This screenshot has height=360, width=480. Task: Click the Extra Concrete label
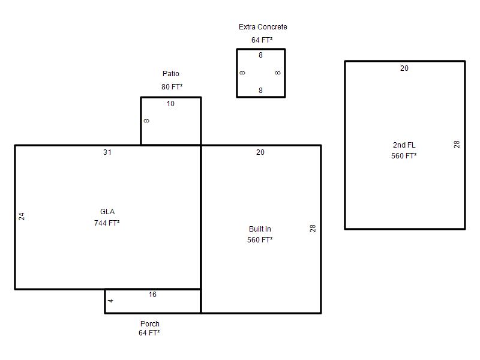coord(263,27)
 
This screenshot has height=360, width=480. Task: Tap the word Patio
coord(171,73)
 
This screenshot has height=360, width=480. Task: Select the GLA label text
coord(107,212)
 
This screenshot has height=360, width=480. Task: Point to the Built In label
coord(260,229)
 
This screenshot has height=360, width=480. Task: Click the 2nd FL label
coord(404,145)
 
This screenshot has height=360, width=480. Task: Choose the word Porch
coord(149,323)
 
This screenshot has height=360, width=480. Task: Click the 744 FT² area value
coord(107,223)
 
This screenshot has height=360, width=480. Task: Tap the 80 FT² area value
coord(172,86)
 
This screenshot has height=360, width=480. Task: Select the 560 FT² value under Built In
coord(260,239)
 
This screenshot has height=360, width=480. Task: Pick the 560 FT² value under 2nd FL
coord(404,156)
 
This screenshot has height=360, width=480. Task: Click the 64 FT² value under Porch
coord(149,333)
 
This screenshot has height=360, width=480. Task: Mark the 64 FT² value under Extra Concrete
coord(262,40)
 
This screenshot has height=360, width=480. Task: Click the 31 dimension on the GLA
coord(107,152)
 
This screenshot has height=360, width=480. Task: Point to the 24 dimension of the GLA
coord(22,217)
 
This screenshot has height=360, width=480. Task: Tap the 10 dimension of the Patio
coord(170,103)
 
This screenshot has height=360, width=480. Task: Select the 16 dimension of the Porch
coord(152,295)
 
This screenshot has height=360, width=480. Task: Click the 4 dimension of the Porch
coord(111,301)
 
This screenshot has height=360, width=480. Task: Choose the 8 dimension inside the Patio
coord(146,121)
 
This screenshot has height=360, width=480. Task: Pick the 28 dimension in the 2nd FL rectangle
coord(457,145)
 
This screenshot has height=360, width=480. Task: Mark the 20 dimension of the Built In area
coord(260,152)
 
